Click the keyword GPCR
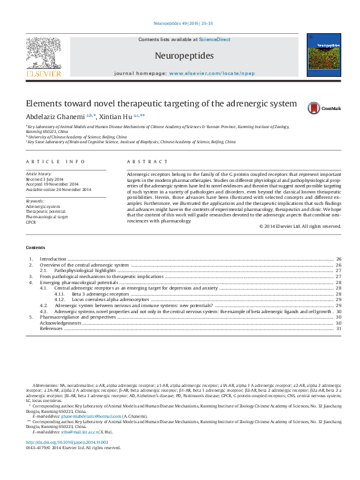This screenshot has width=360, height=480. tap(31, 221)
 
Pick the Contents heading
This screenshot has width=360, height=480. tap(35, 248)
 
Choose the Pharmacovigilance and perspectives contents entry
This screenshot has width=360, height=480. tap(77, 317)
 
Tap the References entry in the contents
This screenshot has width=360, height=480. tap(51, 328)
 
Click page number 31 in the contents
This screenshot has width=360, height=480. tap(339, 328)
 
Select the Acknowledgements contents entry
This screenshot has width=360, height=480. tap(59, 323)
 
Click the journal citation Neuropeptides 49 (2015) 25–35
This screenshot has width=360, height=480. tap(180, 23)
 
